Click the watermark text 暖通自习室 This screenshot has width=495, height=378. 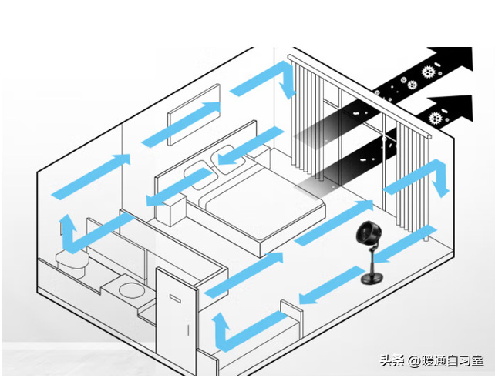pyautogui.click(x=452, y=360)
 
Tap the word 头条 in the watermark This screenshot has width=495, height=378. pyautogui.click(x=391, y=360)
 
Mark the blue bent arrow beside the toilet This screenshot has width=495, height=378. pyautogui.click(x=77, y=239)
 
